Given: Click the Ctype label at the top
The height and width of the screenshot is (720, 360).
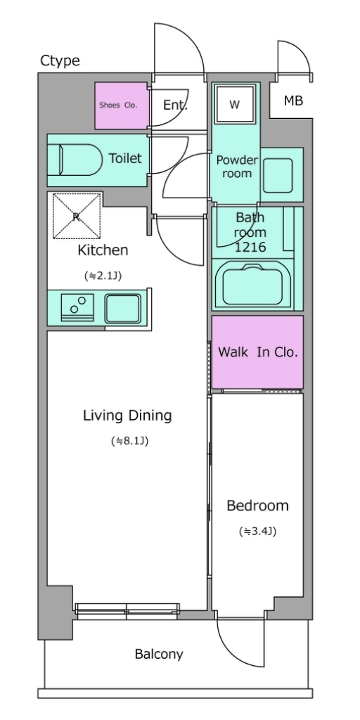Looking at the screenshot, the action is (60, 60).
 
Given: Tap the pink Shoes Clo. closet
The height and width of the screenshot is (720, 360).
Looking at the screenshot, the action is (122, 105).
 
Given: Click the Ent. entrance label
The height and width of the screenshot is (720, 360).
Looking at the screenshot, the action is (175, 105).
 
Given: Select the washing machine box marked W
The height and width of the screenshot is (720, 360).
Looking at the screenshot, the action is (235, 105).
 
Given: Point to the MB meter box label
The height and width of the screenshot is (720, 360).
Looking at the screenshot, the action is (293, 101).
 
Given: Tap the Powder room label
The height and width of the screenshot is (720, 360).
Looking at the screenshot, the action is (237, 166).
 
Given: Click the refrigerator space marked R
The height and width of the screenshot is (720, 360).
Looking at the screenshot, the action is (77, 217).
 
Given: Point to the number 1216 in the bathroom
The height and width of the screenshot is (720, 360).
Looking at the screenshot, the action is (250, 247).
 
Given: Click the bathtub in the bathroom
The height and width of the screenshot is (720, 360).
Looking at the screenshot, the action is (252, 285).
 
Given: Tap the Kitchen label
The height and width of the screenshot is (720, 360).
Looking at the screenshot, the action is (103, 250).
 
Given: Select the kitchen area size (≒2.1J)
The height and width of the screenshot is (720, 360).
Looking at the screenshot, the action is (103, 276).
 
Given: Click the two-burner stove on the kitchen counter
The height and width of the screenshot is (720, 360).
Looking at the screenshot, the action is (77, 307).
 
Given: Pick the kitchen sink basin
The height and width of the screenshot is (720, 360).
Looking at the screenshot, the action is (122, 309).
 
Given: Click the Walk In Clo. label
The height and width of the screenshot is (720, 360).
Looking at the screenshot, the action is (257, 352).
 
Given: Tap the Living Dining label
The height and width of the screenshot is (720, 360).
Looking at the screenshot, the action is (127, 416).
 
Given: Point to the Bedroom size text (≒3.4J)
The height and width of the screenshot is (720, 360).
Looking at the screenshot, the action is (257, 532).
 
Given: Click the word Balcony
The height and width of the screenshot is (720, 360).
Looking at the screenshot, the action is (159, 654).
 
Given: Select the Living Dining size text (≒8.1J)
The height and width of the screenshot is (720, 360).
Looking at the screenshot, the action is (129, 442).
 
